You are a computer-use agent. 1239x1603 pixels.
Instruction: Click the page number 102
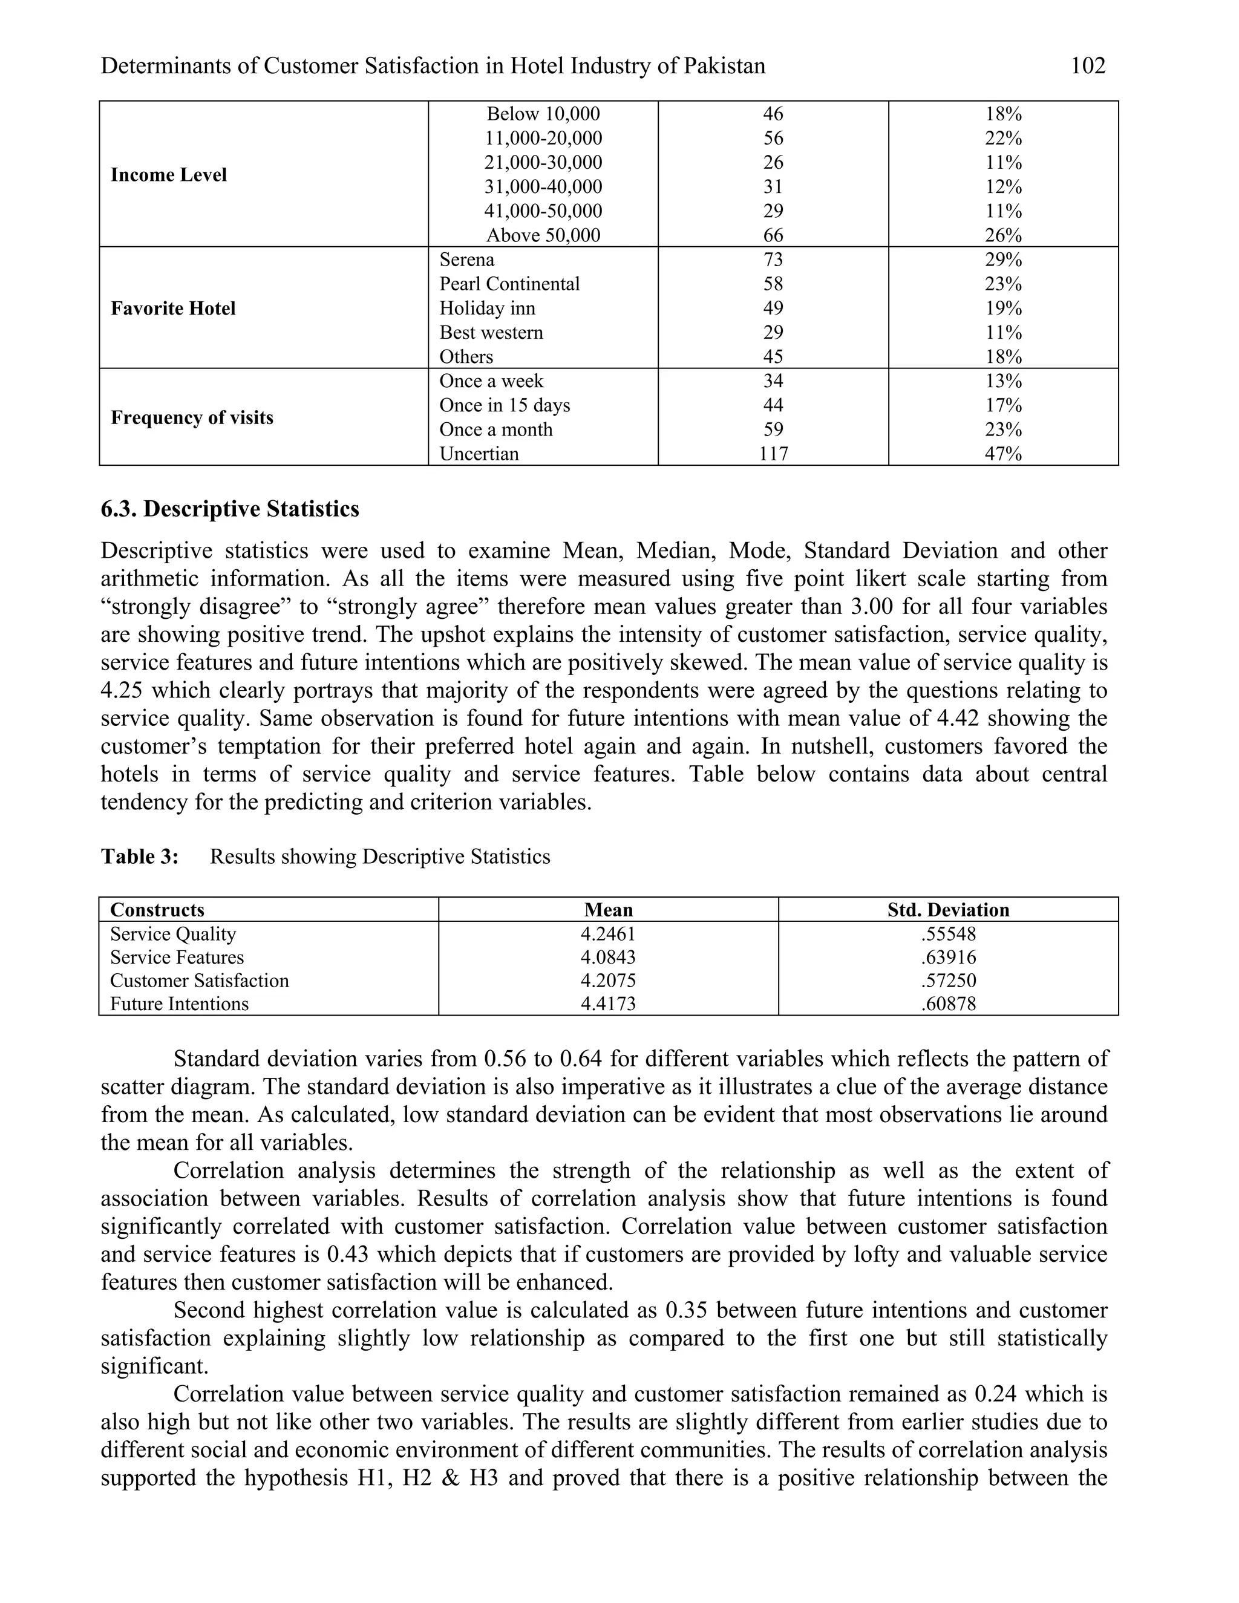(x=1088, y=66)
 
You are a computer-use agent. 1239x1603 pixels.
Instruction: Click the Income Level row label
(x=169, y=175)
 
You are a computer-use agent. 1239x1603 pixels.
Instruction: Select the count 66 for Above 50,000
(x=773, y=235)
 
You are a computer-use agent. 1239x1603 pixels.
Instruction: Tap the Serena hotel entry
(x=467, y=260)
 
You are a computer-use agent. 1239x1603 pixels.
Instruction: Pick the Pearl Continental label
(x=509, y=284)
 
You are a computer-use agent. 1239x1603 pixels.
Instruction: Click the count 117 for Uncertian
(x=773, y=454)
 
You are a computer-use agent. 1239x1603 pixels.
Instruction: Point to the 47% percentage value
(x=1004, y=454)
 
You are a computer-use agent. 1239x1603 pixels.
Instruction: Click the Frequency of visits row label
(x=192, y=417)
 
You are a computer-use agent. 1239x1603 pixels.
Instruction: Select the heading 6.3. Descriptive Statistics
(x=230, y=509)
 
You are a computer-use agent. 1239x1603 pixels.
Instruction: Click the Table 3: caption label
(x=140, y=857)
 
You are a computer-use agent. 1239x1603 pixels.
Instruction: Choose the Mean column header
(x=608, y=910)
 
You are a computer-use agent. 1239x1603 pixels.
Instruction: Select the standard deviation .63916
(x=949, y=957)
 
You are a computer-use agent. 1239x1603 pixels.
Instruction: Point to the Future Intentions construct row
(x=179, y=1004)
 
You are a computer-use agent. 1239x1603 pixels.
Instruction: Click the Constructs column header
(x=157, y=910)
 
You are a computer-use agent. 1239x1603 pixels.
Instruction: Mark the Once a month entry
(x=495, y=429)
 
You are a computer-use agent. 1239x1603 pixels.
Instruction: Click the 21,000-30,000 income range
(x=543, y=162)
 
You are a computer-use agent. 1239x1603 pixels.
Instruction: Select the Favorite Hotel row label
(x=173, y=309)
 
